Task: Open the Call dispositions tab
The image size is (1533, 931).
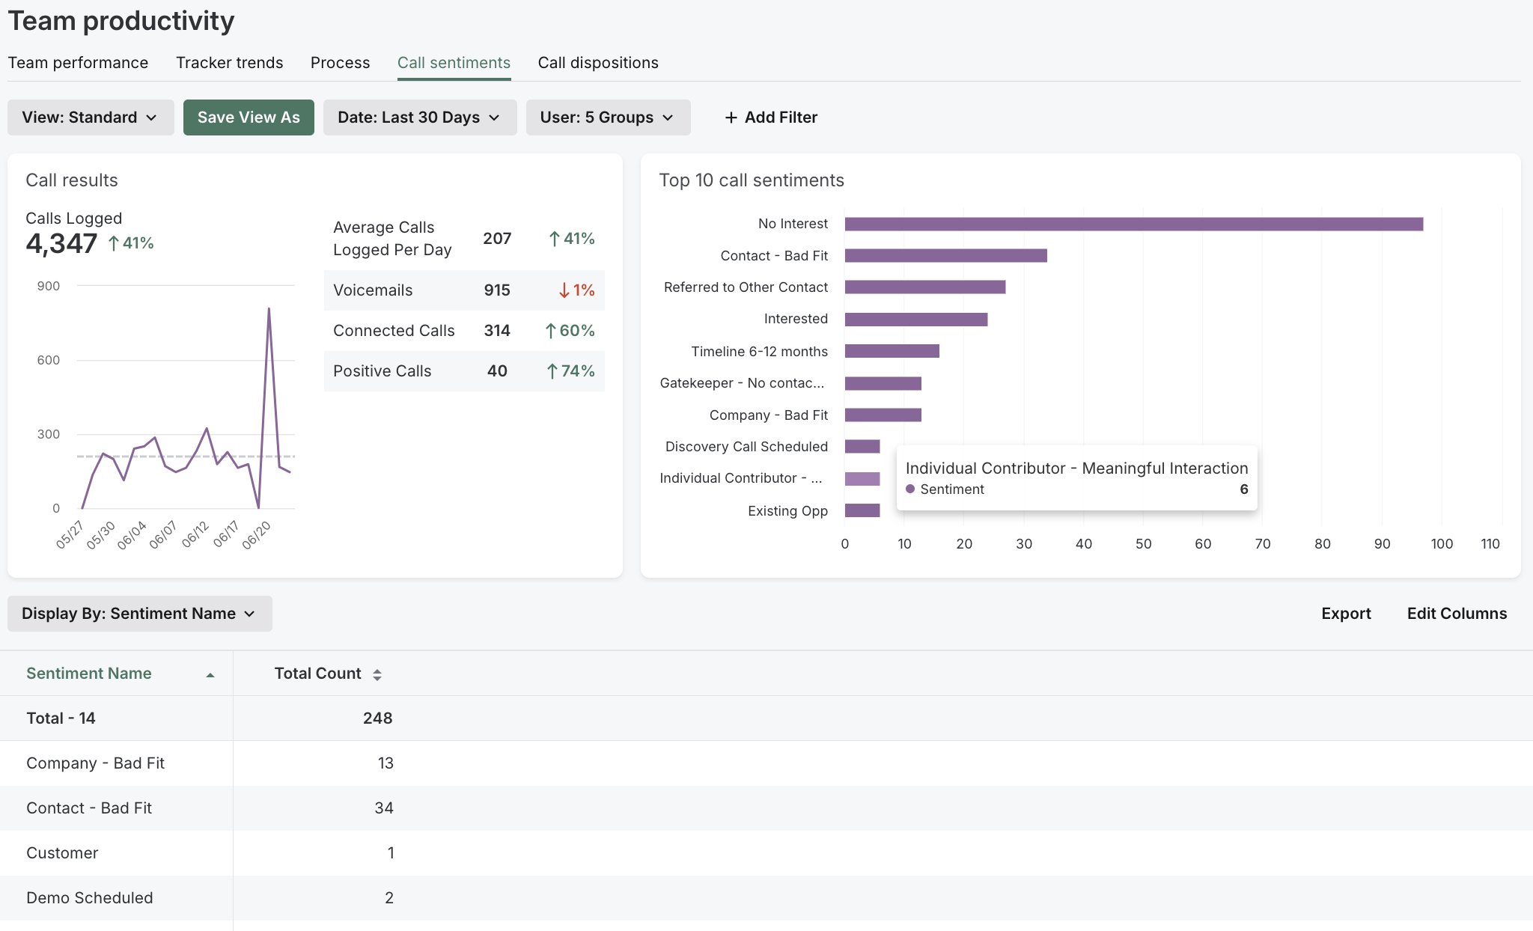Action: click(x=597, y=63)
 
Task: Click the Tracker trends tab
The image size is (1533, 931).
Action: click(x=229, y=63)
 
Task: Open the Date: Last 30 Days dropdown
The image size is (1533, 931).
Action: click(x=419, y=117)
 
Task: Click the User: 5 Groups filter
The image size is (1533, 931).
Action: click(x=607, y=117)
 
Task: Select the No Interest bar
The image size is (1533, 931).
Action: click(x=1133, y=224)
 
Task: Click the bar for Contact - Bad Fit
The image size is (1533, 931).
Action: click(x=945, y=256)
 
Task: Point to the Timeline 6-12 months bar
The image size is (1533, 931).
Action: click(x=892, y=351)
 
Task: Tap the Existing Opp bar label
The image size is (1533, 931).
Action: click(x=787, y=511)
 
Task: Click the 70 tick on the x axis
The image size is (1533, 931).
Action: click(x=1262, y=544)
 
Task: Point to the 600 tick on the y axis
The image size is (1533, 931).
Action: click(x=49, y=360)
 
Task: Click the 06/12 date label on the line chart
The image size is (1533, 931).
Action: click(x=195, y=534)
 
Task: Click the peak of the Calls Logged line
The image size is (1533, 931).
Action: click(x=269, y=308)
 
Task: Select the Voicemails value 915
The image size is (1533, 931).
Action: click(x=496, y=290)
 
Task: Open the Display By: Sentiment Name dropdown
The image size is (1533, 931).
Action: click(x=139, y=614)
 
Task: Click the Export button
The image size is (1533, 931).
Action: click(x=1345, y=614)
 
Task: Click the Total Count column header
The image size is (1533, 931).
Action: click(x=317, y=674)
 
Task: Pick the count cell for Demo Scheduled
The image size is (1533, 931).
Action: click(x=388, y=898)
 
